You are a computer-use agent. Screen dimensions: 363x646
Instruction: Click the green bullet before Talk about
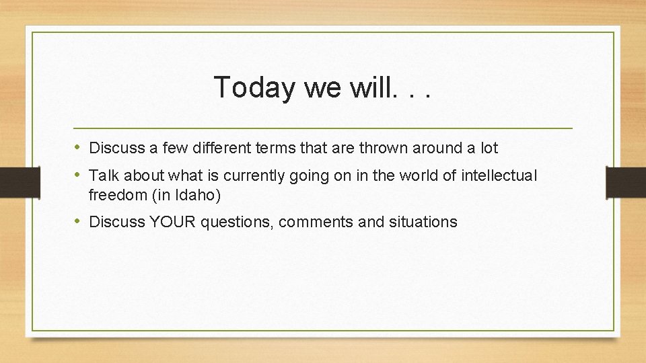78,175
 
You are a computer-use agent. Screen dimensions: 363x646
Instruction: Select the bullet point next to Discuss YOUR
78,221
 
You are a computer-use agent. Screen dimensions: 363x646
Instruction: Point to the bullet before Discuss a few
78,147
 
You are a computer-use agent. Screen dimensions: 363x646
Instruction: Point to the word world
416,176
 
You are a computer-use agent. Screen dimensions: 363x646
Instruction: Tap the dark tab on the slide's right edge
626,182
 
